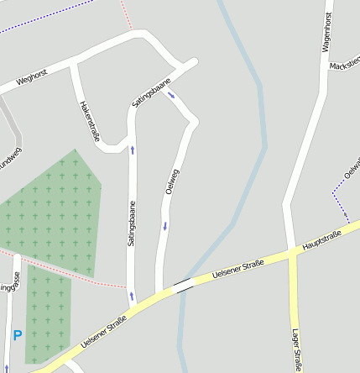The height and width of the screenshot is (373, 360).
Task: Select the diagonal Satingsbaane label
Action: point(151,92)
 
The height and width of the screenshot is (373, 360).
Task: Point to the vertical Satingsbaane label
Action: point(131,223)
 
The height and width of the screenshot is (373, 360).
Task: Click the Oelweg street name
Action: point(173,181)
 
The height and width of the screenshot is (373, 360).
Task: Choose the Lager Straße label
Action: point(297,349)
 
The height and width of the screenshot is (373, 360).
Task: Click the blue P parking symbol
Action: point(17,336)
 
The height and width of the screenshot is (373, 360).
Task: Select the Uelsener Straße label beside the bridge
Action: point(238,270)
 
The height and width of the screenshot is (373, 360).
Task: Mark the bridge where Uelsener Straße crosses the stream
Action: point(182,286)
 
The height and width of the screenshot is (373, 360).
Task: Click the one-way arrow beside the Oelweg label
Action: point(165,225)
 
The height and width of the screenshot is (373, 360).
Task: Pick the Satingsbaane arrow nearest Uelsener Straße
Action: point(131,295)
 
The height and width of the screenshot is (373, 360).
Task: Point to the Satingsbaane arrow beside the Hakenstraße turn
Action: point(132,150)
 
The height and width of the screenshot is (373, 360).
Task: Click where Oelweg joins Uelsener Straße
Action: point(159,293)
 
